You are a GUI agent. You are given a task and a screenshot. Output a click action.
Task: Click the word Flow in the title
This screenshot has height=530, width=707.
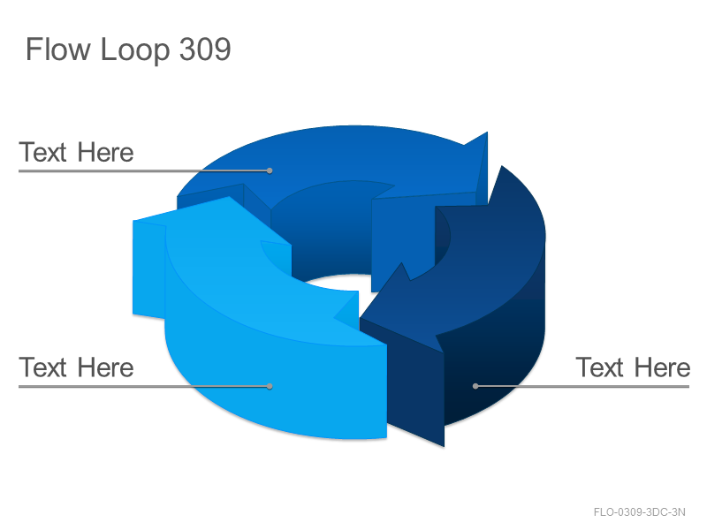57,49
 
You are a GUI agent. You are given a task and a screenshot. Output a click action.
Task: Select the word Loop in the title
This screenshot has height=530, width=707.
135,49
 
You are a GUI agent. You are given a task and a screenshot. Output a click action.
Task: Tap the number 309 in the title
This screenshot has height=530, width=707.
205,49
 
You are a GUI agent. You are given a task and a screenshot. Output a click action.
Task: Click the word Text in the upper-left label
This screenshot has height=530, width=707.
43,152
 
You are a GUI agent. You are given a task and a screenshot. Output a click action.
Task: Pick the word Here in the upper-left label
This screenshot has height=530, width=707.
105,152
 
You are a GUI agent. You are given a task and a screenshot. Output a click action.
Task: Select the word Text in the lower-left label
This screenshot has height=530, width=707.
43,367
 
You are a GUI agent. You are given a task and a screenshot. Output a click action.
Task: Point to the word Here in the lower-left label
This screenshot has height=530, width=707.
105,367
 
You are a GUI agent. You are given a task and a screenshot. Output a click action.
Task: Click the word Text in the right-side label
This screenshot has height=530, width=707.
600,367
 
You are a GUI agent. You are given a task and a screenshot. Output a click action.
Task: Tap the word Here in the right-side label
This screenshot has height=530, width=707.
662,367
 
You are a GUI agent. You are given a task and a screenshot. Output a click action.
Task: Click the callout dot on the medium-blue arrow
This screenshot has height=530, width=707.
270,170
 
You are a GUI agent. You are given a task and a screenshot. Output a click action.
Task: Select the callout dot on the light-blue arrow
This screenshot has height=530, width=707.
270,386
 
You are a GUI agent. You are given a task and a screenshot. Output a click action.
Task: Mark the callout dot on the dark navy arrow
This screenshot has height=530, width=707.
475,386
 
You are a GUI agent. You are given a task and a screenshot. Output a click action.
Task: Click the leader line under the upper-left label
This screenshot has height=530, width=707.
144,170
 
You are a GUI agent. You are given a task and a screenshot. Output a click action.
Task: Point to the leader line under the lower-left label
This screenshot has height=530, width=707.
144,386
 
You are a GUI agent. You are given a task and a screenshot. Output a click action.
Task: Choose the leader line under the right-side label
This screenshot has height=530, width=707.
582,386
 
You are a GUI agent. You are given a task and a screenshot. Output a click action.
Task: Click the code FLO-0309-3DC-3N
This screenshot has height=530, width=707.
639,512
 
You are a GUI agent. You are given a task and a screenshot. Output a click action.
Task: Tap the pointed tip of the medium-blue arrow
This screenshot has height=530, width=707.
487,132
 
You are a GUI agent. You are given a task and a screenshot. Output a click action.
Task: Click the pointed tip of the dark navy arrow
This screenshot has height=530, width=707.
361,318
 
